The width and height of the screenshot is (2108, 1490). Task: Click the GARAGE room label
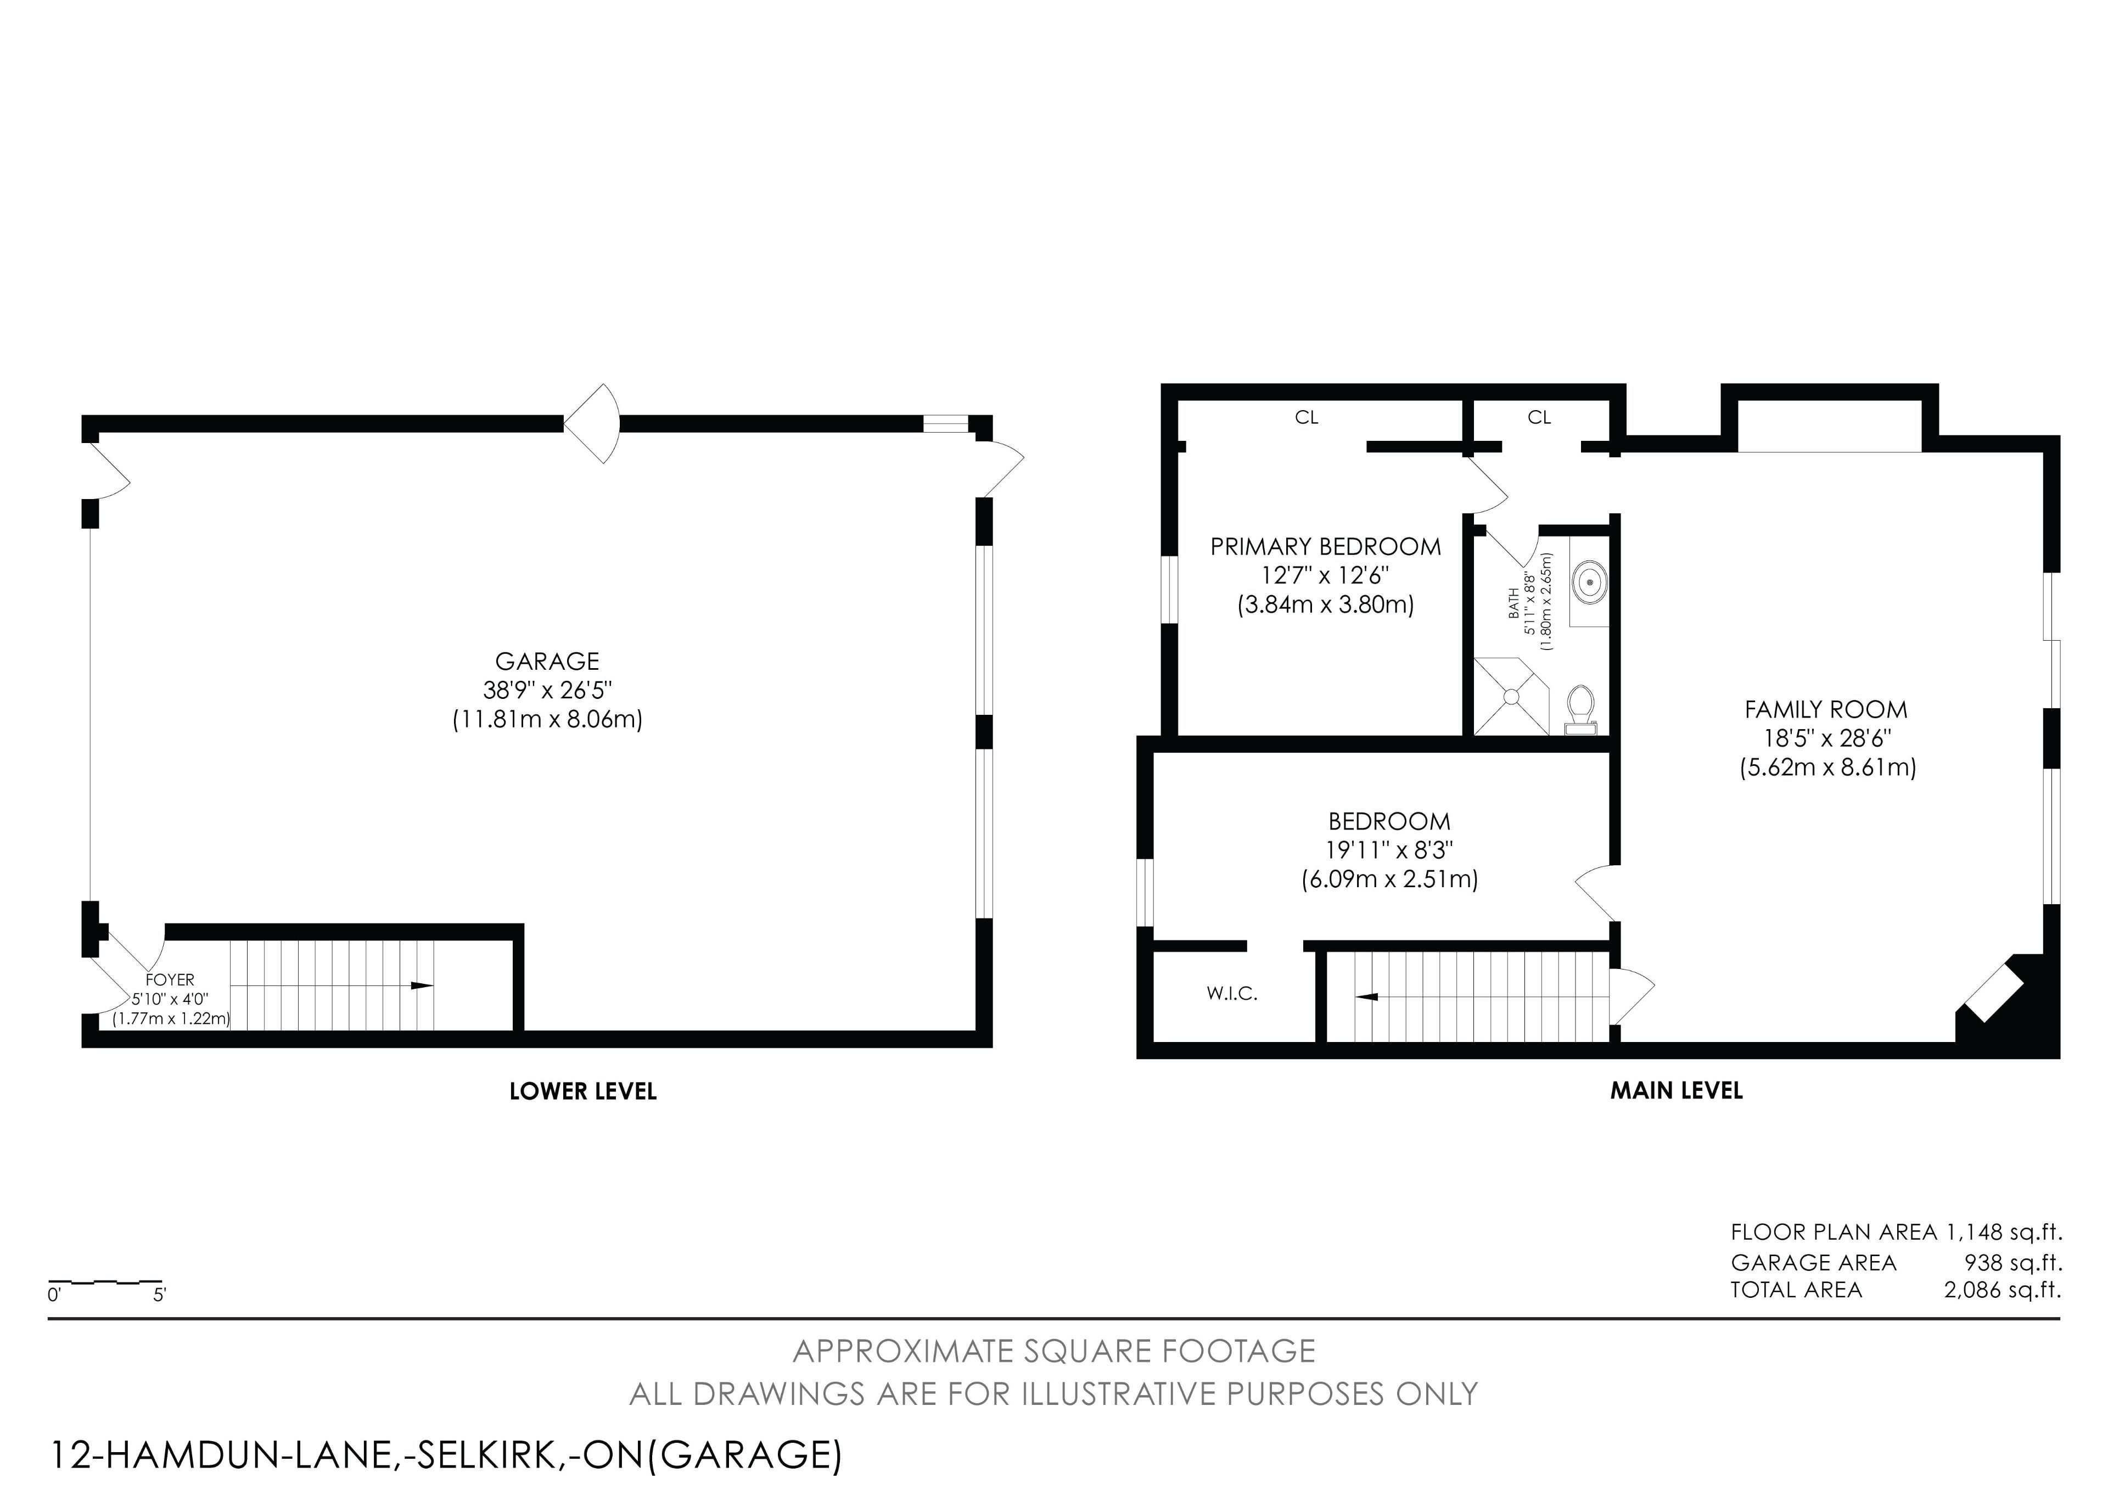[547, 661]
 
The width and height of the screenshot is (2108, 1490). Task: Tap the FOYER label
[170, 979]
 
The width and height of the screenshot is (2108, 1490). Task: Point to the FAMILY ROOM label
[1826, 710]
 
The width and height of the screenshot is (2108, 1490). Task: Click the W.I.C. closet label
[1232, 993]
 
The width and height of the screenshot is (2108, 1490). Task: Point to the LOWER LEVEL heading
[583, 1091]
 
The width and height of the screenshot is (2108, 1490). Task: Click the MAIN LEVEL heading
[1677, 1091]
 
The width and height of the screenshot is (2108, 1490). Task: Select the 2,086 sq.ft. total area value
[2003, 1290]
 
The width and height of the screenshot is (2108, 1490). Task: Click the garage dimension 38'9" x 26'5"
[547, 691]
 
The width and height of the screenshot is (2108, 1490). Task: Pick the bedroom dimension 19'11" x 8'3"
[1389, 850]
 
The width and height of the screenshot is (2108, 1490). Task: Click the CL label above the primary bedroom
[1307, 418]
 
